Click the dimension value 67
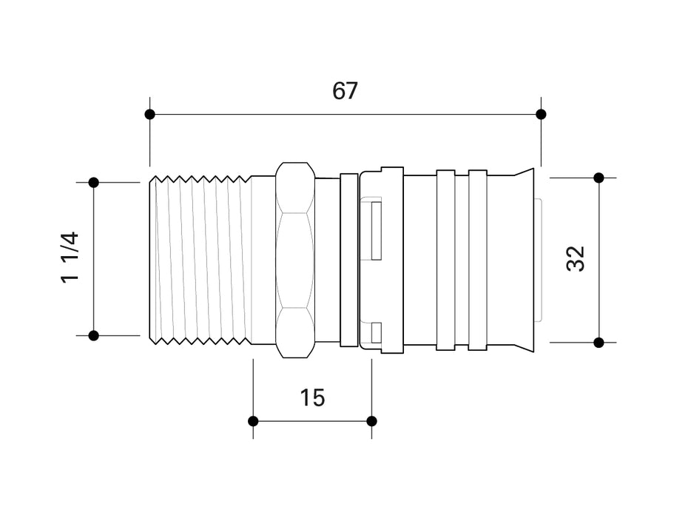tap(345, 91)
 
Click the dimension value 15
tap(312, 398)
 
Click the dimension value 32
tap(576, 259)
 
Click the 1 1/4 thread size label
tap(69, 258)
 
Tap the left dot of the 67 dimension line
tap(150, 114)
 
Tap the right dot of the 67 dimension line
tap(541, 114)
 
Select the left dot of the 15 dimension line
tap(253, 421)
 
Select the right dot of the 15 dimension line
tap(371, 421)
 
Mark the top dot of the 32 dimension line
tap(599, 178)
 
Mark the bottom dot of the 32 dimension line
tap(599, 342)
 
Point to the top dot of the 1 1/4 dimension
tap(94, 182)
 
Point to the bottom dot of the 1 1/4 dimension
tap(94, 335)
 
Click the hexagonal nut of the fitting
tap(294, 259)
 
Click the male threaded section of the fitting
tap(200, 259)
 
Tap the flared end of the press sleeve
tap(522, 259)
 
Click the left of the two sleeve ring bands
tap(445, 259)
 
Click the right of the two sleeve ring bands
tap(478, 259)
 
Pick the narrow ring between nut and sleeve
tap(348, 259)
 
